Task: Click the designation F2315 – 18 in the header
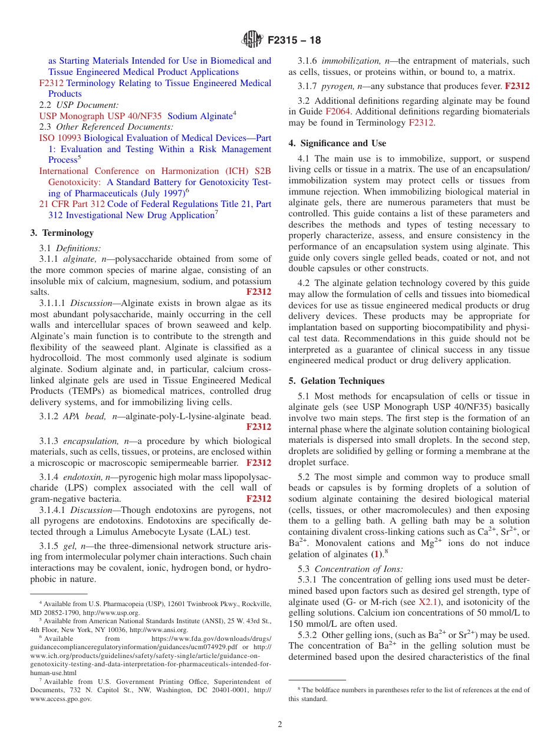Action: [294, 41]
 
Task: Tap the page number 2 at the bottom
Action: [280, 724]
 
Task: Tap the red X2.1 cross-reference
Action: [429, 602]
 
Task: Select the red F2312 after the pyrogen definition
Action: [517, 86]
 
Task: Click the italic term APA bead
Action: [81, 416]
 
